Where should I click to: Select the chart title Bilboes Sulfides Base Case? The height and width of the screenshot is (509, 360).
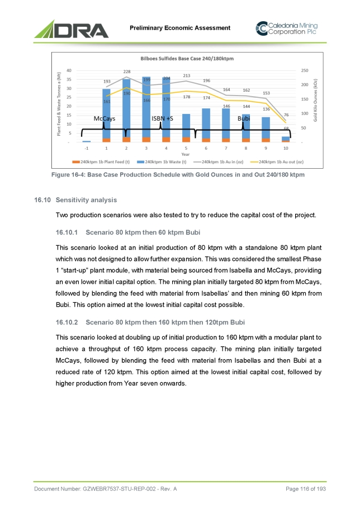[186, 58]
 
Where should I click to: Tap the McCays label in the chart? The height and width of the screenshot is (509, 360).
[105, 118]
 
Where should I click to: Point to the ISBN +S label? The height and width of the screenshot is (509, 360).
[163, 118]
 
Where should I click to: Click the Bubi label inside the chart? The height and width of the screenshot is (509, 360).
[244, 118]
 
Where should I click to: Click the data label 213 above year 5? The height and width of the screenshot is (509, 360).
[187, 75]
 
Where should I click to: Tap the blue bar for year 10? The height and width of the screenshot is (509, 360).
[286, 138]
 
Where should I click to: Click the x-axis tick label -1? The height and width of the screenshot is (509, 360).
[86, 149]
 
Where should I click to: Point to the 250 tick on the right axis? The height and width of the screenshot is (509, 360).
[305, 70]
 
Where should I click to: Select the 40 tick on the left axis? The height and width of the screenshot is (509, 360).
[68, 70]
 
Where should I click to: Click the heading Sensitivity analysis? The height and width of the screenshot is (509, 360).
[86, 199]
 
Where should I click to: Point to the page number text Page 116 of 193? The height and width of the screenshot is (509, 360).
[305, 489]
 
